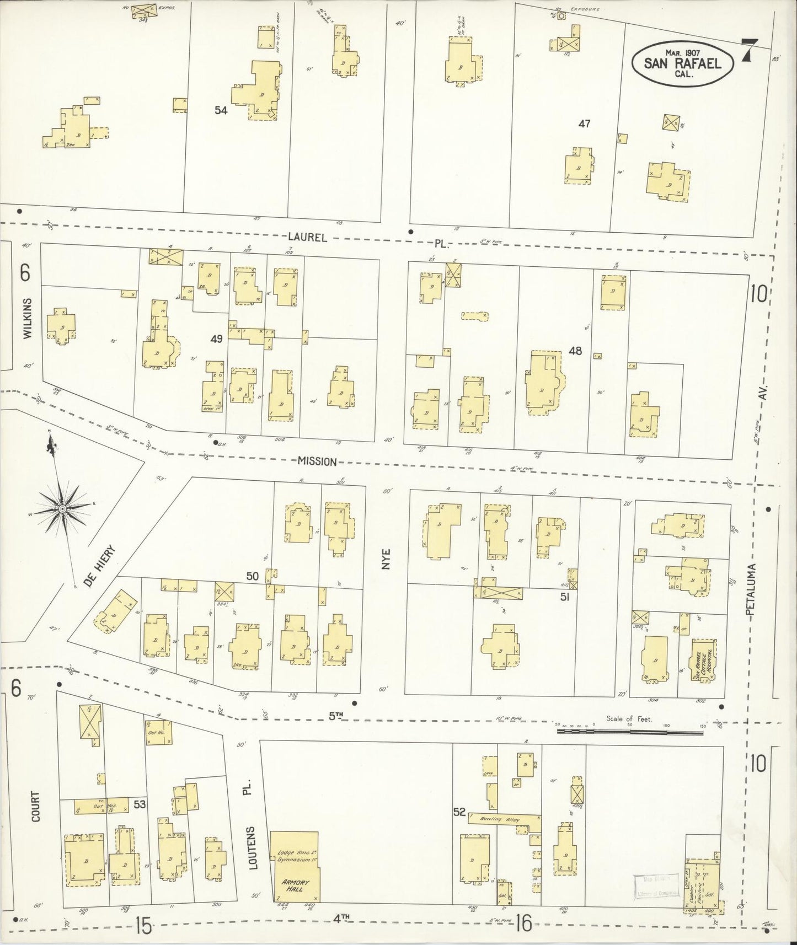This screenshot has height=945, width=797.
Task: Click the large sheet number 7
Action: [x=749, y=51]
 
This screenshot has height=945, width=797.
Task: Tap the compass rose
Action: [x=62, y=508]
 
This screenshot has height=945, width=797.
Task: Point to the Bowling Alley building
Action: [x=504, y=819]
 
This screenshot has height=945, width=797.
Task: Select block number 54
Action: [x=221, y=110]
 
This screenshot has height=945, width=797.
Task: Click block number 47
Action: [x=584, y=124]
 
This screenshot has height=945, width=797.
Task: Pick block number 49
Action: [x=216, y=339]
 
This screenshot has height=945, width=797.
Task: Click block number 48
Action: [x=575, y=350]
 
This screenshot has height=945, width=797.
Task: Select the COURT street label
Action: [x=36, y=807]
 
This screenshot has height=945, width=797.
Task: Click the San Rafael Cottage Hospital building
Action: [x=702, y=661]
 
